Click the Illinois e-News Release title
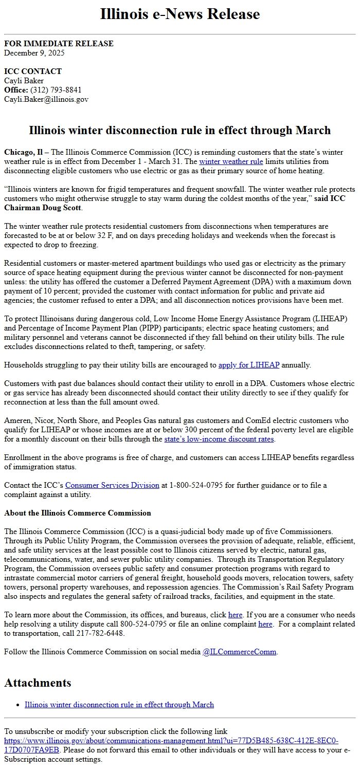coord(180,14)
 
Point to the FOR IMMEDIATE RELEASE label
coord(59,44)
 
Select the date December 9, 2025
coord(34,52)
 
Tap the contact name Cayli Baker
coord(24,81)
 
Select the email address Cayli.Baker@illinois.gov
coord(46,99)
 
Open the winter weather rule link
coord(231,161)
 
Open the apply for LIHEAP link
coord(249,365)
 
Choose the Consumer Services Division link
coord(112,485)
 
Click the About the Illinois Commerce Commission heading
coord(78,513)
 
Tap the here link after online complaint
coord(265,624)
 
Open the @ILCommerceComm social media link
coord(239,652)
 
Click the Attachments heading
coord(38,683)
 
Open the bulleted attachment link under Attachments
coord(119,704)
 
